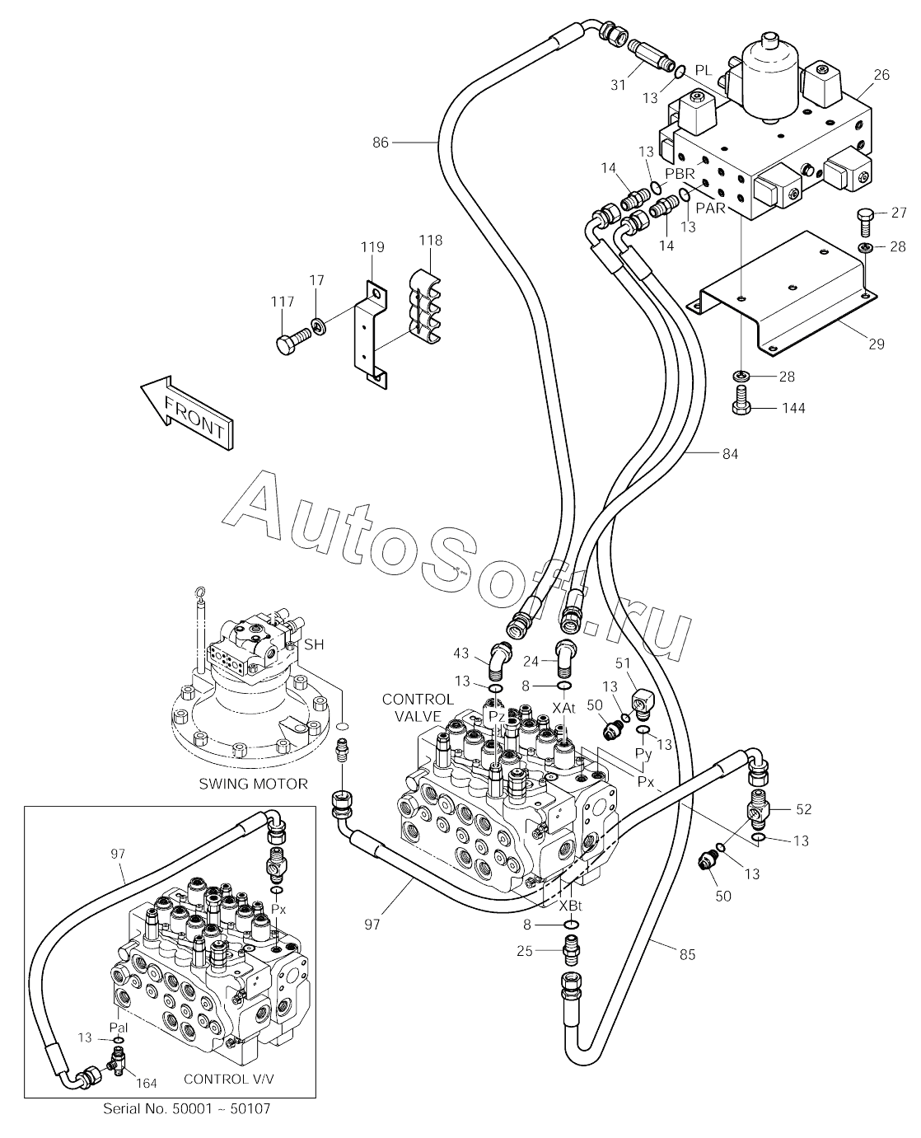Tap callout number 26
[x=881, y=75]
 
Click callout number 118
[x=430, y=241]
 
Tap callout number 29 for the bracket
[x=876, y=344]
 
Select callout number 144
[x=794, y=408]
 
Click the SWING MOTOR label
[x=253, y=784]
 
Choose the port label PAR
[x=709, y=208]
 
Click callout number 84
[x=730, y=453]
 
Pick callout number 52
[x=802, y=809]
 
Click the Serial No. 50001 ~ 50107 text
[x=187, y=1108]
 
